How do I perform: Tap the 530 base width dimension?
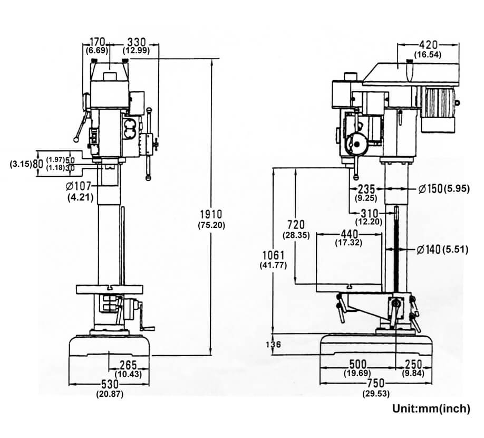110,384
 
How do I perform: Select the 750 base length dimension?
376,383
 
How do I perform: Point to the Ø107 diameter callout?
79,186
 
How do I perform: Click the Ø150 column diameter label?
431,188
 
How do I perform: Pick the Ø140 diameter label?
429,250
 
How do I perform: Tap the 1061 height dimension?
273,255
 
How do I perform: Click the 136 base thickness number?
273,345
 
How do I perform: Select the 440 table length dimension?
349,234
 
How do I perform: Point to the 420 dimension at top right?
428,45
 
